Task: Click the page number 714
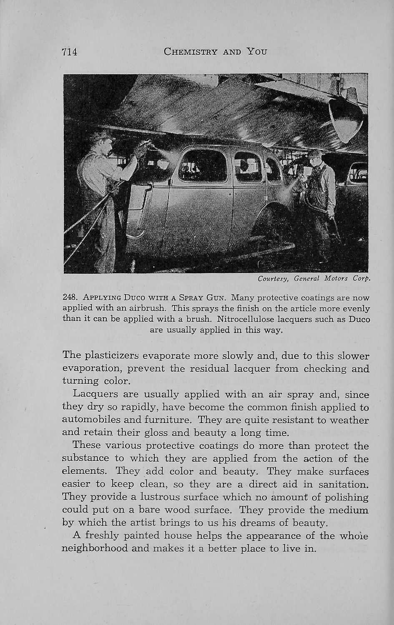(x=70, y=52)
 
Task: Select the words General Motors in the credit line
(x=321, y=278)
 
